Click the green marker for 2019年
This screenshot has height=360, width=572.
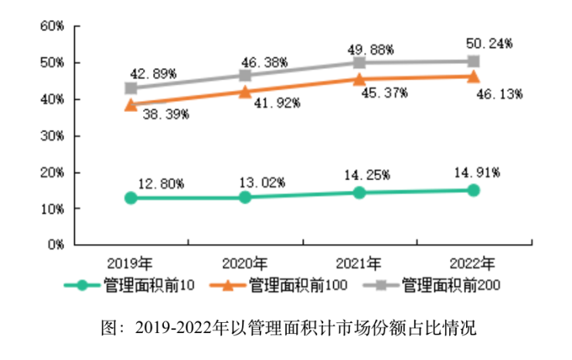tap(131, 198)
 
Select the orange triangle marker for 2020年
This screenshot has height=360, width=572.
tap(245, 91)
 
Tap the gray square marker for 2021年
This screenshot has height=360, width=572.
tap(359, 62)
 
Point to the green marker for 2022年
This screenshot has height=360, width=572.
tap(473, 190)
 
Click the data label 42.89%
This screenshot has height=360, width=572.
tap(155, 74)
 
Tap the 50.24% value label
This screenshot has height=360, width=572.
tap(490, 44)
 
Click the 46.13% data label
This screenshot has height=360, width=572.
tap(500, 94)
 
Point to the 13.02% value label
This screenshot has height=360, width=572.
tap(262, 182)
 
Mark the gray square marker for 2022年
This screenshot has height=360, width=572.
tap(473, 61)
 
